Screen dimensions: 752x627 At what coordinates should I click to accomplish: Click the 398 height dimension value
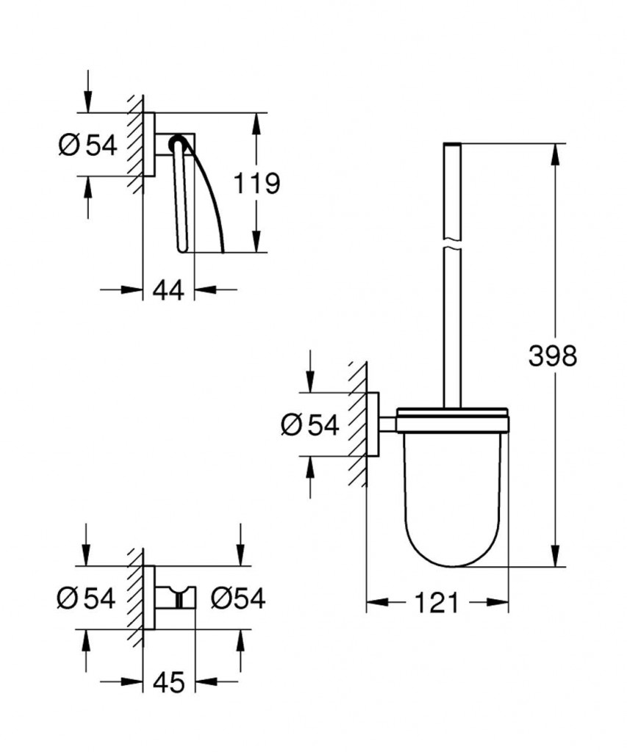[x=553, y=356]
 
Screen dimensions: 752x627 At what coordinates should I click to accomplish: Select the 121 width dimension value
[x=437, y=603]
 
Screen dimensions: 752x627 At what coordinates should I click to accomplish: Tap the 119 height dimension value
[x=257, y=183]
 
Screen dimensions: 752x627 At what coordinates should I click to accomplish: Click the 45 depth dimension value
[x=168, y=682]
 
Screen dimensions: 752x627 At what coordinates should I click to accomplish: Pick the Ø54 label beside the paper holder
[x=87, y=145]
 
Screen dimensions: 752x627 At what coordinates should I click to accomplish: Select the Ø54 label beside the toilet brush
[x=309, y=424]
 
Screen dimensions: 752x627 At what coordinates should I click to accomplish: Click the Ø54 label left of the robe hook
[x=86, y=599]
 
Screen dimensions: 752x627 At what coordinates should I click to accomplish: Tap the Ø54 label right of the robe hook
[x=237, y=599]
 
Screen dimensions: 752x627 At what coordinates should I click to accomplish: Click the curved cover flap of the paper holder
[x=213, y=198]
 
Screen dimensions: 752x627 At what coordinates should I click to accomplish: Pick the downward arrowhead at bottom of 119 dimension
[x=255, y=242]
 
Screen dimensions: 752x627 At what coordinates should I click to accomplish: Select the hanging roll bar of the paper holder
[x=181, y=198]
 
